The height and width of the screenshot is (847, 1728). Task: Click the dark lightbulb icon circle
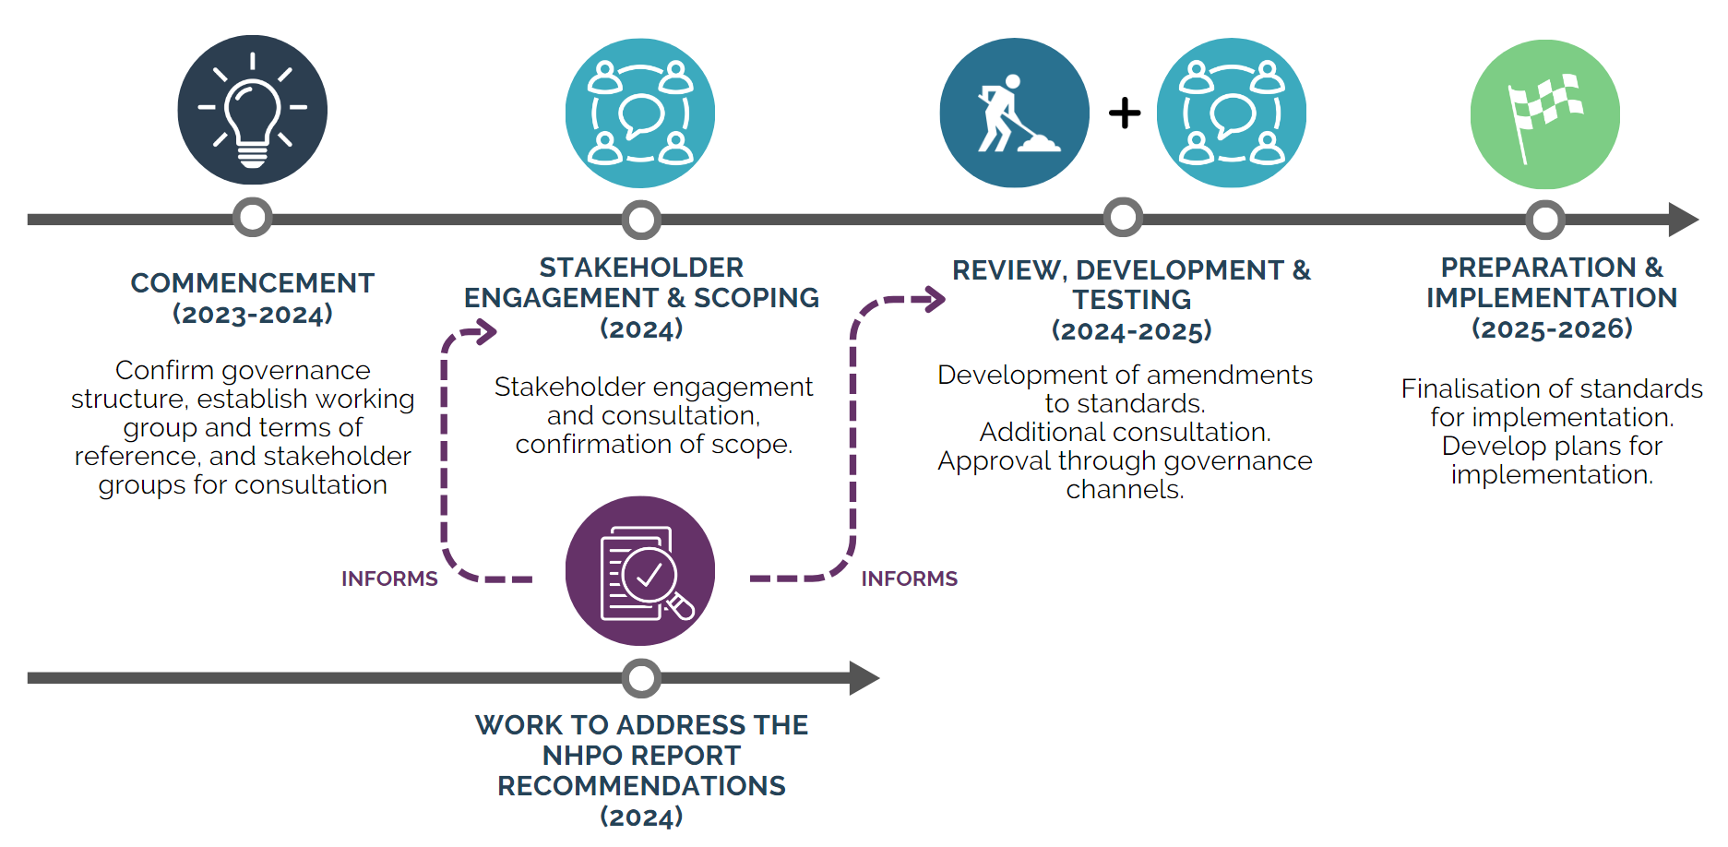(252, 110)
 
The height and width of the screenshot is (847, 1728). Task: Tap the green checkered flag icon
(1544, 113)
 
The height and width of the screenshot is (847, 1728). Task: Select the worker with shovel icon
(1014, 113)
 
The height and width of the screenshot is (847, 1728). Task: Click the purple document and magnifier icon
(640, 571)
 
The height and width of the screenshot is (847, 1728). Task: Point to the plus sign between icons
(1125, 113)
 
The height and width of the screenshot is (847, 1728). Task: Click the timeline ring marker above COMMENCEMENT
(252, 218)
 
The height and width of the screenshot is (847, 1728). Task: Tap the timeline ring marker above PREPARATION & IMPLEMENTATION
(1544, 220)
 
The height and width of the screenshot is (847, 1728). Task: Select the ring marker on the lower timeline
(641, 678)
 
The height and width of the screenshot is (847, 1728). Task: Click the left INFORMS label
(389, 579)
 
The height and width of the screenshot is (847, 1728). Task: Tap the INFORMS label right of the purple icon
(909, 579)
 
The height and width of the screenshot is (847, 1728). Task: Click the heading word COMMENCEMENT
(252, 283)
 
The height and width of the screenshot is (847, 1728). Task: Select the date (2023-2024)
(252, 315)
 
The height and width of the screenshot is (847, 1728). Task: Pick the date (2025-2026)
(1552, 328)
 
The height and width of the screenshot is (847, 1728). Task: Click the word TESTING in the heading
(1131, 300)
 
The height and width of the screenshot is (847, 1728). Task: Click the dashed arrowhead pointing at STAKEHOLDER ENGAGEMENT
(483, 331)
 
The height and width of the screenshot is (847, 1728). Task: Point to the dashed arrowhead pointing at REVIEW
(933, 299)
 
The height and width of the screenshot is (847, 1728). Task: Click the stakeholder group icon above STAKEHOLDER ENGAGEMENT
(640, 113)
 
